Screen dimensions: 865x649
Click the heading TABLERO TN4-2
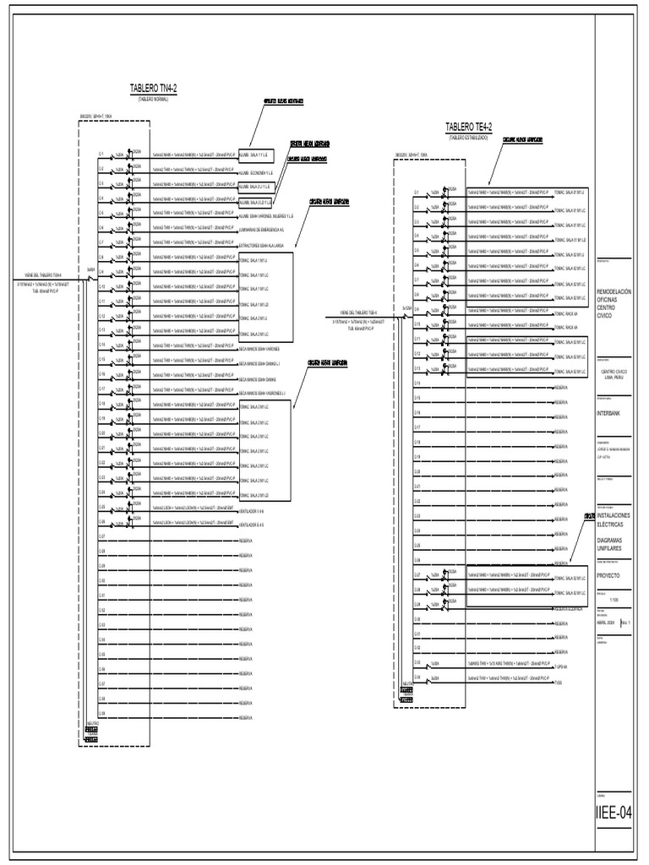(x=153, y=89)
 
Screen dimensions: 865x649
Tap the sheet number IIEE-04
(x=614, y=813)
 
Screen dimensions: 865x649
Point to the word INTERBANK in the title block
(x=613, y=413)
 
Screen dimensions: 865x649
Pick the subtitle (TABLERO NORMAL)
(x=153, y=99)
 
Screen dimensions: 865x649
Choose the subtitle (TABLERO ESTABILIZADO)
(x=469, y=136)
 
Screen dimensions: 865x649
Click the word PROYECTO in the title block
(x=608, y=574)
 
